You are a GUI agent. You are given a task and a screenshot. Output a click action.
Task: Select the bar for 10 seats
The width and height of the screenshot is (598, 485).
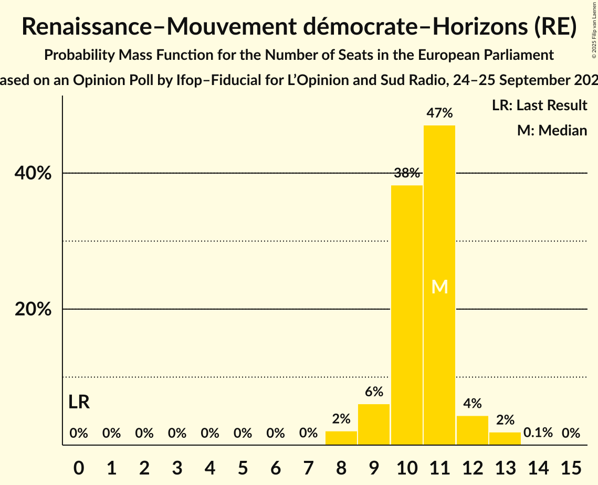[x=406, y=315]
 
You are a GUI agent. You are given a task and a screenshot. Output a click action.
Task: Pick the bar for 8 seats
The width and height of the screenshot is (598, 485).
[x=341, y=438]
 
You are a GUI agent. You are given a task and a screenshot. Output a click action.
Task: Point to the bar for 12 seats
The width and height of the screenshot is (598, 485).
[x=472, y=430]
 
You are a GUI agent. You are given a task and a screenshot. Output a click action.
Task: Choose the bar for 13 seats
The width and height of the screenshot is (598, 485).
[x=505, y=438]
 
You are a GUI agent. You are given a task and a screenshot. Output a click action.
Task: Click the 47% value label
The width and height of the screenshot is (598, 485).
[x=439, y=113]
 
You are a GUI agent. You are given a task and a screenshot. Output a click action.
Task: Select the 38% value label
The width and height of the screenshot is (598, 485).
[x=406, y=173]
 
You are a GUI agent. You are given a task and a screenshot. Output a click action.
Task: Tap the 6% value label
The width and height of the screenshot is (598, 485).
[x=374, y=392]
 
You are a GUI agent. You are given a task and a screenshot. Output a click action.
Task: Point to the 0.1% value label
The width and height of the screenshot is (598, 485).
[x=538, y=433]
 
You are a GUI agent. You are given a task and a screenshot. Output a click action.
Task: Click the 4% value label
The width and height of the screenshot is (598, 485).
[x=472, y=404]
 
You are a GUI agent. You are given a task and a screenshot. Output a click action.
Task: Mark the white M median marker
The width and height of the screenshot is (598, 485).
[x=439, y=287]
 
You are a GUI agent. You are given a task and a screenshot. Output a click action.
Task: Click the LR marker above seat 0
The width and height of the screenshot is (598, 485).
[x=79, y=402]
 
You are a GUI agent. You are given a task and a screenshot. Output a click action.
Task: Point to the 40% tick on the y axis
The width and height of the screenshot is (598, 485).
[x=33, y=173]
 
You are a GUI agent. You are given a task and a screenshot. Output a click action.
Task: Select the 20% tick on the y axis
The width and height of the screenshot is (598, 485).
[x=33, y=309]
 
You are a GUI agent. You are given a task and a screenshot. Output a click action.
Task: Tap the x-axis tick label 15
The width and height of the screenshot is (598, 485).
[x=571, y=466]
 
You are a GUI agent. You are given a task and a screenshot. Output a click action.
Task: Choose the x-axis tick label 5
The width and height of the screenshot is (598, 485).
[x=243, y=466]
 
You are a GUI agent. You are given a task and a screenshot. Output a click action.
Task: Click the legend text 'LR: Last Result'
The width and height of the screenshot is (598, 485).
[x=539, y=106]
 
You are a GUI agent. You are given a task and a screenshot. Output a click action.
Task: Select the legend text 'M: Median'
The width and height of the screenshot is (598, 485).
[x=552, y=130]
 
